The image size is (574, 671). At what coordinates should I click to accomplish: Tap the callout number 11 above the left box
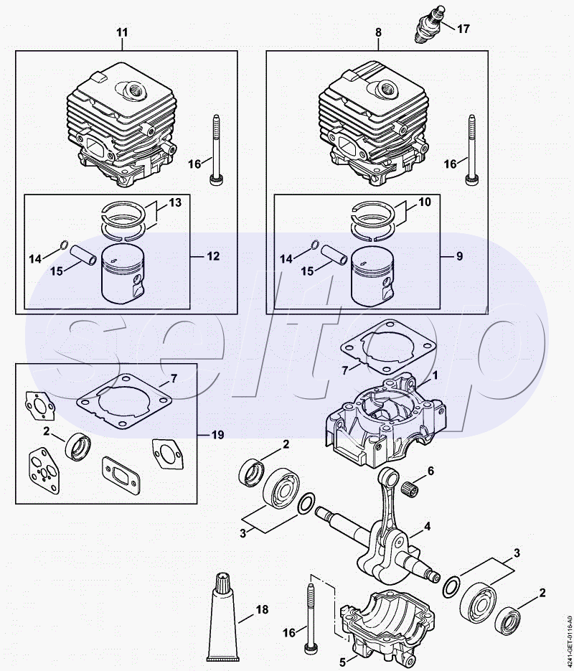122,32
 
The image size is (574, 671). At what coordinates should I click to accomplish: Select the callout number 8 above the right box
378,32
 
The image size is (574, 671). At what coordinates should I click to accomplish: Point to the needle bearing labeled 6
411,487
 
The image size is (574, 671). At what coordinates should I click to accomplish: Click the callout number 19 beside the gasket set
217,435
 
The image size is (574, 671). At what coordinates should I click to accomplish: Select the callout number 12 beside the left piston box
213,256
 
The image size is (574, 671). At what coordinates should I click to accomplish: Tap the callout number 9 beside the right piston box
459,256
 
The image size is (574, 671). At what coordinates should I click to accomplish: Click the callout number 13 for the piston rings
175,202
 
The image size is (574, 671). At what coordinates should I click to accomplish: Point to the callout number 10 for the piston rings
425,202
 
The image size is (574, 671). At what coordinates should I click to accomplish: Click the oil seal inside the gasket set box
77,447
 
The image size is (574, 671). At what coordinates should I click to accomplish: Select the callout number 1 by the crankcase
435,376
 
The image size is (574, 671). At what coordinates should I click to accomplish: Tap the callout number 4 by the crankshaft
428,527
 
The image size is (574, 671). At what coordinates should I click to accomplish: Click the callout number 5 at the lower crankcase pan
342,662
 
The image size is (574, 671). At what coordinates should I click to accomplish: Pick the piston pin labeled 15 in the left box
84,255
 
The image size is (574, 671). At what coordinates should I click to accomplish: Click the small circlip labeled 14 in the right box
314,245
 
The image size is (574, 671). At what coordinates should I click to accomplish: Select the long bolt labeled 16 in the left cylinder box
215,150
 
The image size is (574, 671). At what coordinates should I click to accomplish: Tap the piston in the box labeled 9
372,277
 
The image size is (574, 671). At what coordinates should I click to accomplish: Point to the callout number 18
262,609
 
